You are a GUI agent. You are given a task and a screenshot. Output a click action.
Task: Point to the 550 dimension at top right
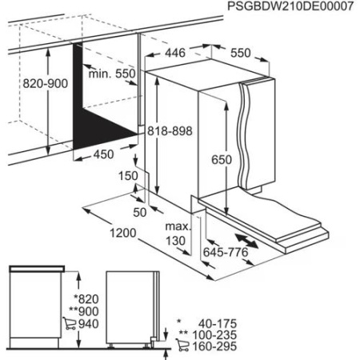click(x=240, y=54)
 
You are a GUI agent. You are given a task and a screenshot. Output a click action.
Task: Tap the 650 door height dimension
click(x=221, y=159)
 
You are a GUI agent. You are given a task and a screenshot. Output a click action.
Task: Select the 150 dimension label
click(x=125, y=175)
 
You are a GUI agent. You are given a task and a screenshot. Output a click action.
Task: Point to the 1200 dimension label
click(x=121, y=237)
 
